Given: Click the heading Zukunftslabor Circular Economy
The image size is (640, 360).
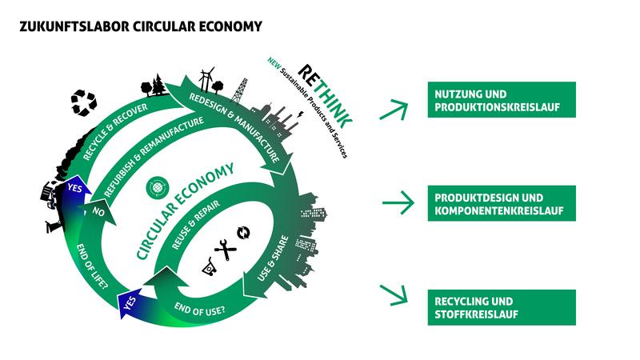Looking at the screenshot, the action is (x=141, y=26).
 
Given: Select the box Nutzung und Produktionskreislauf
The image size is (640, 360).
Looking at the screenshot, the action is (x=502, y=99).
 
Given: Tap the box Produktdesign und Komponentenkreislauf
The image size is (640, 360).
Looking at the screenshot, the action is (x=502, y=203).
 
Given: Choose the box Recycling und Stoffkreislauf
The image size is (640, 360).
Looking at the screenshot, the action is (x=502, y=307).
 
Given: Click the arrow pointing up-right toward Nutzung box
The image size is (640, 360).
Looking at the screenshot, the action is (x=394, y=110).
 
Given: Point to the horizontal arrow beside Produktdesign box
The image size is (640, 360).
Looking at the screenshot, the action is (x=398, y=202).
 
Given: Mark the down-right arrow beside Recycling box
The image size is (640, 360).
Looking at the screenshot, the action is (x=394, y=295).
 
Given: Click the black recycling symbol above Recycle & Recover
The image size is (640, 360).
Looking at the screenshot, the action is (x=84, y=102).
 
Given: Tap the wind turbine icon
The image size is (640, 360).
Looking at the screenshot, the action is (x=207, y=78).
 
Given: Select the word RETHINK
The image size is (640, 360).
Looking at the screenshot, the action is (x=326, y=96).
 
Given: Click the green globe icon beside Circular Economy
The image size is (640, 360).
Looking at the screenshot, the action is (x=158, y=188).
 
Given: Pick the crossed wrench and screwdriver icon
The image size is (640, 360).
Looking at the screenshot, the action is (x=226, y=250).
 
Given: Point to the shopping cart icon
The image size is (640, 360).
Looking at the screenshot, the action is (x=209, y=267).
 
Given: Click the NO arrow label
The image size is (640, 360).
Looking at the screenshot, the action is (x=98, y=212).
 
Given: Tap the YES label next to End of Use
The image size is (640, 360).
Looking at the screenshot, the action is (x=130, y=303).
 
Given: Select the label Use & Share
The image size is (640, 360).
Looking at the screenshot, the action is (x=273, y=258).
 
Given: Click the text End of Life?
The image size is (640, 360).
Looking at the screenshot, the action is (x=92, y=267).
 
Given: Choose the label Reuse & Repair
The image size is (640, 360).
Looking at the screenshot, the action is (x=196, y=225).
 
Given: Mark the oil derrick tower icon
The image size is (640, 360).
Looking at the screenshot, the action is (x=239, y=91).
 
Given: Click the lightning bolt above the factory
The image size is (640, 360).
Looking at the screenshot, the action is (x=301, y=114).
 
